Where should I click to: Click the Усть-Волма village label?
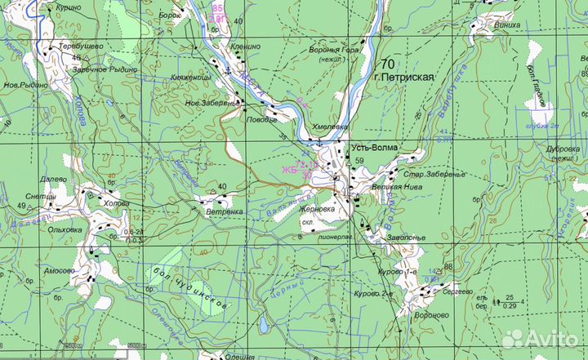(374, 148)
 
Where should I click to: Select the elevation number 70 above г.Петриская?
(386, 64)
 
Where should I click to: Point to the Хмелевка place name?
(330, 127)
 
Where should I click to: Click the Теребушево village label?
(79, 47)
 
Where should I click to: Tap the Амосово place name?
(60, 270)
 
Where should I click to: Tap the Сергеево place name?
(458, 291)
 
